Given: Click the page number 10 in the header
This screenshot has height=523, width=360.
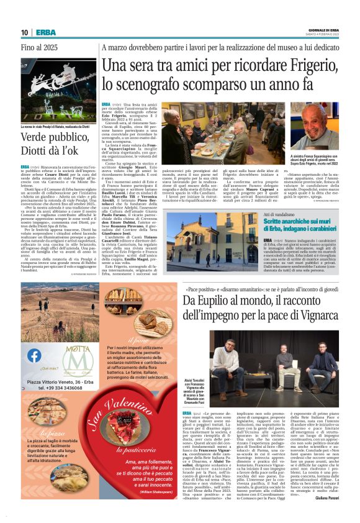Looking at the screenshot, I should [x=24, y=32].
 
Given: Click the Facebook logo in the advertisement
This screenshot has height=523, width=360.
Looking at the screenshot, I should [x=35, y=355].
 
